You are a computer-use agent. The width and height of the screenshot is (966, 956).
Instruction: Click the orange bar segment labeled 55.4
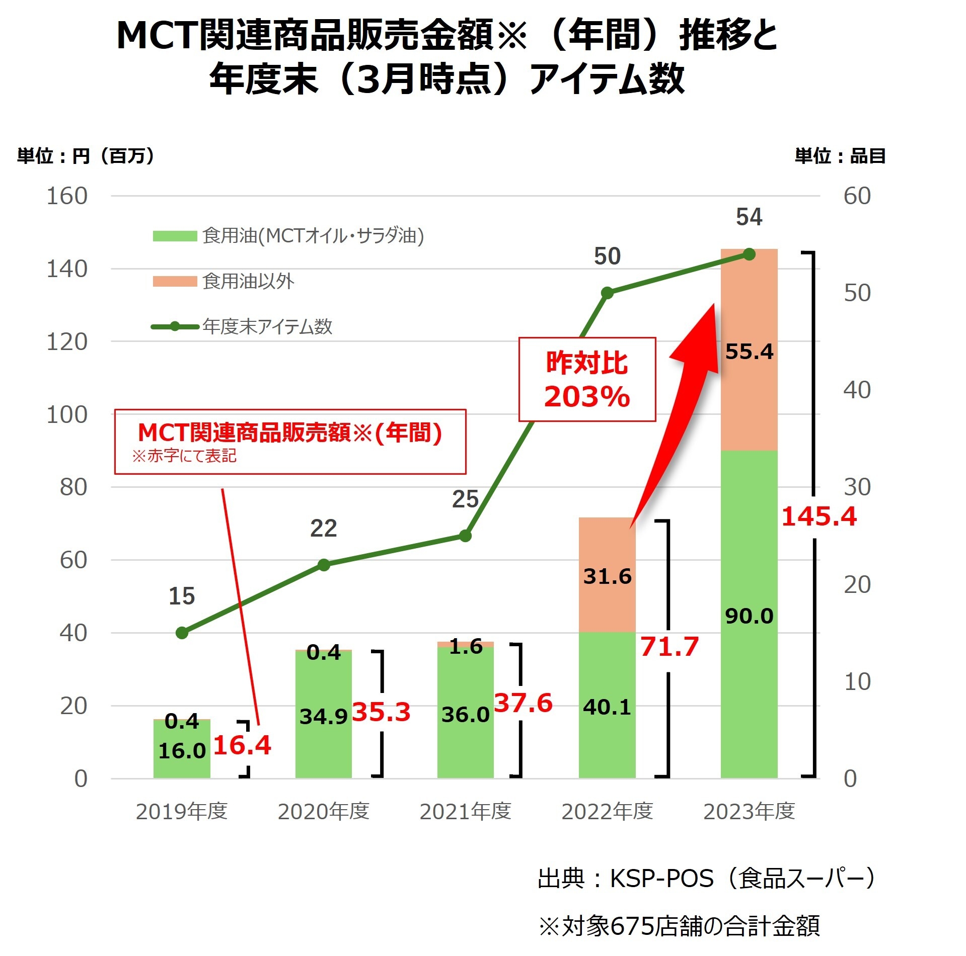pyautogui.click(x=749, y=350)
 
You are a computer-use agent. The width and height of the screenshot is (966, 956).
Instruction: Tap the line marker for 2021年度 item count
pyautogui.click(x=465, y=536)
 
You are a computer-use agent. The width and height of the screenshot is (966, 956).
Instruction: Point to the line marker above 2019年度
pyautogui.click(x=182, y=633)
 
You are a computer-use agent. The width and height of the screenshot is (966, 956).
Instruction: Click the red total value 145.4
pyautogui.click(x=819, y=516)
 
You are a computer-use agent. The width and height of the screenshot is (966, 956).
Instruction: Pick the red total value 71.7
pyautogui.click(x=669, y=647)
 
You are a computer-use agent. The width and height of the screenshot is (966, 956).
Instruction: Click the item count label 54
pyautogui.click(x=749, y=217)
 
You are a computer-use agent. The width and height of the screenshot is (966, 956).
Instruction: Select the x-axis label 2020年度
pyautogui.click(x=323, y=811)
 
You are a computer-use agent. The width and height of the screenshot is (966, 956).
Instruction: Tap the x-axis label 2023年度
pyautogui.click(x=749, y=811)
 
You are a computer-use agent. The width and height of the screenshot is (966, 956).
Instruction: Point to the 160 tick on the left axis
pyautogui.click(x=67, y=196)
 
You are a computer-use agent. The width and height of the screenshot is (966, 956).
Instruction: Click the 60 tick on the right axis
pyautogui.click(x=857, y=196)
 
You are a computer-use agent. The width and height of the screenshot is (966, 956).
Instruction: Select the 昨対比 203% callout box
pyautogui.click(x=587, y=379)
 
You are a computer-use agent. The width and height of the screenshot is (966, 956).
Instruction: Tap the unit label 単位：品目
pyautogui.click(x=840, y=156)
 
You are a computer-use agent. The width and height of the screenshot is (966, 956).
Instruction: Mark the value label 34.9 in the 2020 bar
pyautogui.click(x=323, y=716)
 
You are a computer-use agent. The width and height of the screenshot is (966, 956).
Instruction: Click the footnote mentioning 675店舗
pyautogui.click(x=680, y=925)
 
